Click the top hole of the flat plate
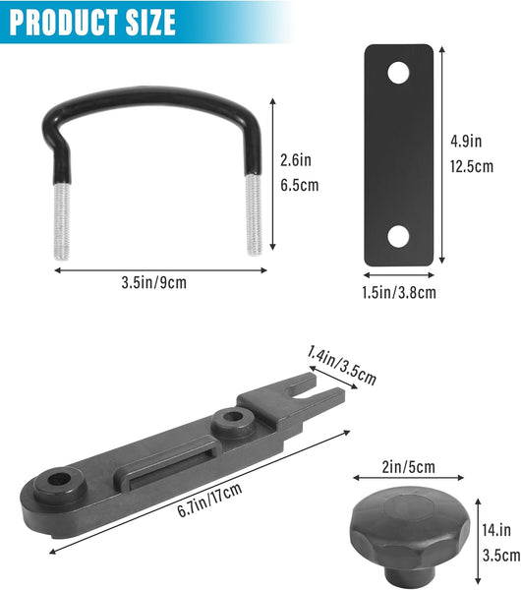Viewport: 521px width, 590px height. point(398,73)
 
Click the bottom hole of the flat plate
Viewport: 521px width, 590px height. point(398,236)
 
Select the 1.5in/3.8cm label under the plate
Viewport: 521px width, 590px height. point(399,291)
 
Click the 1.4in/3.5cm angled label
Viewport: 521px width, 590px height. point(341,364)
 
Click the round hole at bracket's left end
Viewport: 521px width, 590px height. point(55,483)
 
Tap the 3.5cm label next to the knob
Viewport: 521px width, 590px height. point(501,555)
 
